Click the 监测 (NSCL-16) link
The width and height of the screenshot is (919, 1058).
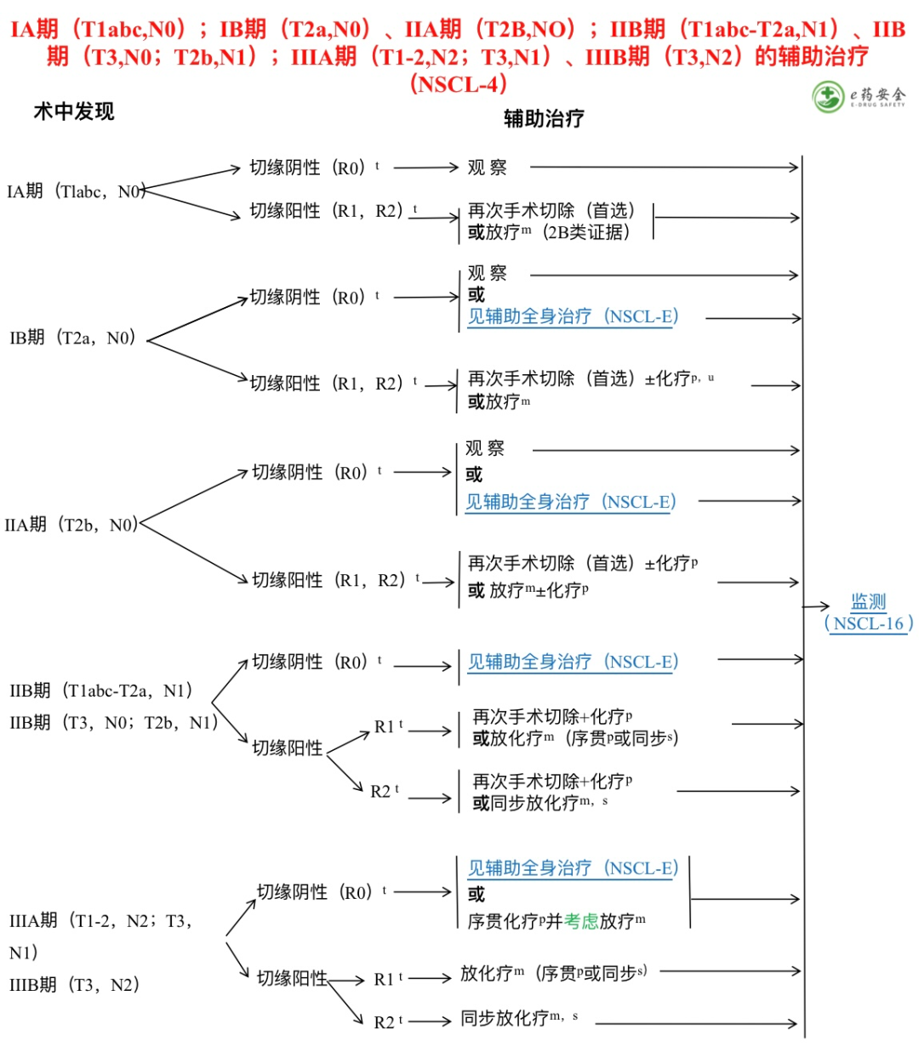[x=869, y=613]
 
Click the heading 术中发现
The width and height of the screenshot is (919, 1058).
[x=73, y=111]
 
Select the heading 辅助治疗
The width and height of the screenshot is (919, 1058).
[x=544, y=118]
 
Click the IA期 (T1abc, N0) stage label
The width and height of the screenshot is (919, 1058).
[x=76, y=191]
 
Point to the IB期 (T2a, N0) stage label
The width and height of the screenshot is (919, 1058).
[x=72, y=338]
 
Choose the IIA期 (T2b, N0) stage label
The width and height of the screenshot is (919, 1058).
[x=71, y=525]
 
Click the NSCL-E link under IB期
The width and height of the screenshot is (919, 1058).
[x=573, y=316]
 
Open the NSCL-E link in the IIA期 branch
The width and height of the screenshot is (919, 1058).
[x=570, y=502]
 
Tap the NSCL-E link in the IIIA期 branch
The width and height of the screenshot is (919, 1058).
[x=573, y=868]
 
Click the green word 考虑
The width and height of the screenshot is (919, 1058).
[x=581, y=921]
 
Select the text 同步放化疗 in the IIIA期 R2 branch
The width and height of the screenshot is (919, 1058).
[x=505, y=1018]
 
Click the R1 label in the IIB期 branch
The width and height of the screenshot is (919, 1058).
[x=385, y=727]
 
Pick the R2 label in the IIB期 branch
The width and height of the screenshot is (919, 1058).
[x=380, y=792]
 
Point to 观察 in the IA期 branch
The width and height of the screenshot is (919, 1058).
[x=487, y=168]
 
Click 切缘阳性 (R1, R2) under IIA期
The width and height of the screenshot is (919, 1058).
[x=328, y=580]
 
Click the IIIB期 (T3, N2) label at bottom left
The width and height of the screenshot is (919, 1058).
[x=74, y=985]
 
